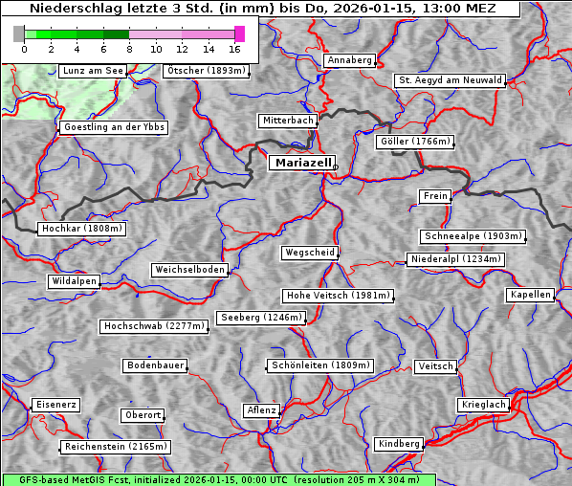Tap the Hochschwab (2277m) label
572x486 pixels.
[x=153, y=326]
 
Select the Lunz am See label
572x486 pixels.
[x=93, y=71]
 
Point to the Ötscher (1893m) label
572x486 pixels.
[x=206, y=71]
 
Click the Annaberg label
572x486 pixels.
[x=349, y=60]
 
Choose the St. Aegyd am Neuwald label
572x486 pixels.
[x=450, y=80]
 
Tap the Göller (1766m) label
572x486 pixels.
[x=414, y=142]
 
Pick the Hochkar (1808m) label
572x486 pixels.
[x=81, y=229]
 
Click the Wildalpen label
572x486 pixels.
[x=74, y=281]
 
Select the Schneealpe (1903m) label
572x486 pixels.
[x=473, y=236]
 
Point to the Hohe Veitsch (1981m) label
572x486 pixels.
[x=338, y=296]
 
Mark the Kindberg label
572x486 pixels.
[x=399, y=444]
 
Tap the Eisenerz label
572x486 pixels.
[x=55, y=405]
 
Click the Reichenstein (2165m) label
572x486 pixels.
[x=116, y=447]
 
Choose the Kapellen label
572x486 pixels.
[x=530, y=295]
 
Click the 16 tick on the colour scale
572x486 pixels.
[x=234, y=49]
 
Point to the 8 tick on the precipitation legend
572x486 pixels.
[x=129, y=49]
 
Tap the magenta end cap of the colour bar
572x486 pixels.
[x=239, y=33]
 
